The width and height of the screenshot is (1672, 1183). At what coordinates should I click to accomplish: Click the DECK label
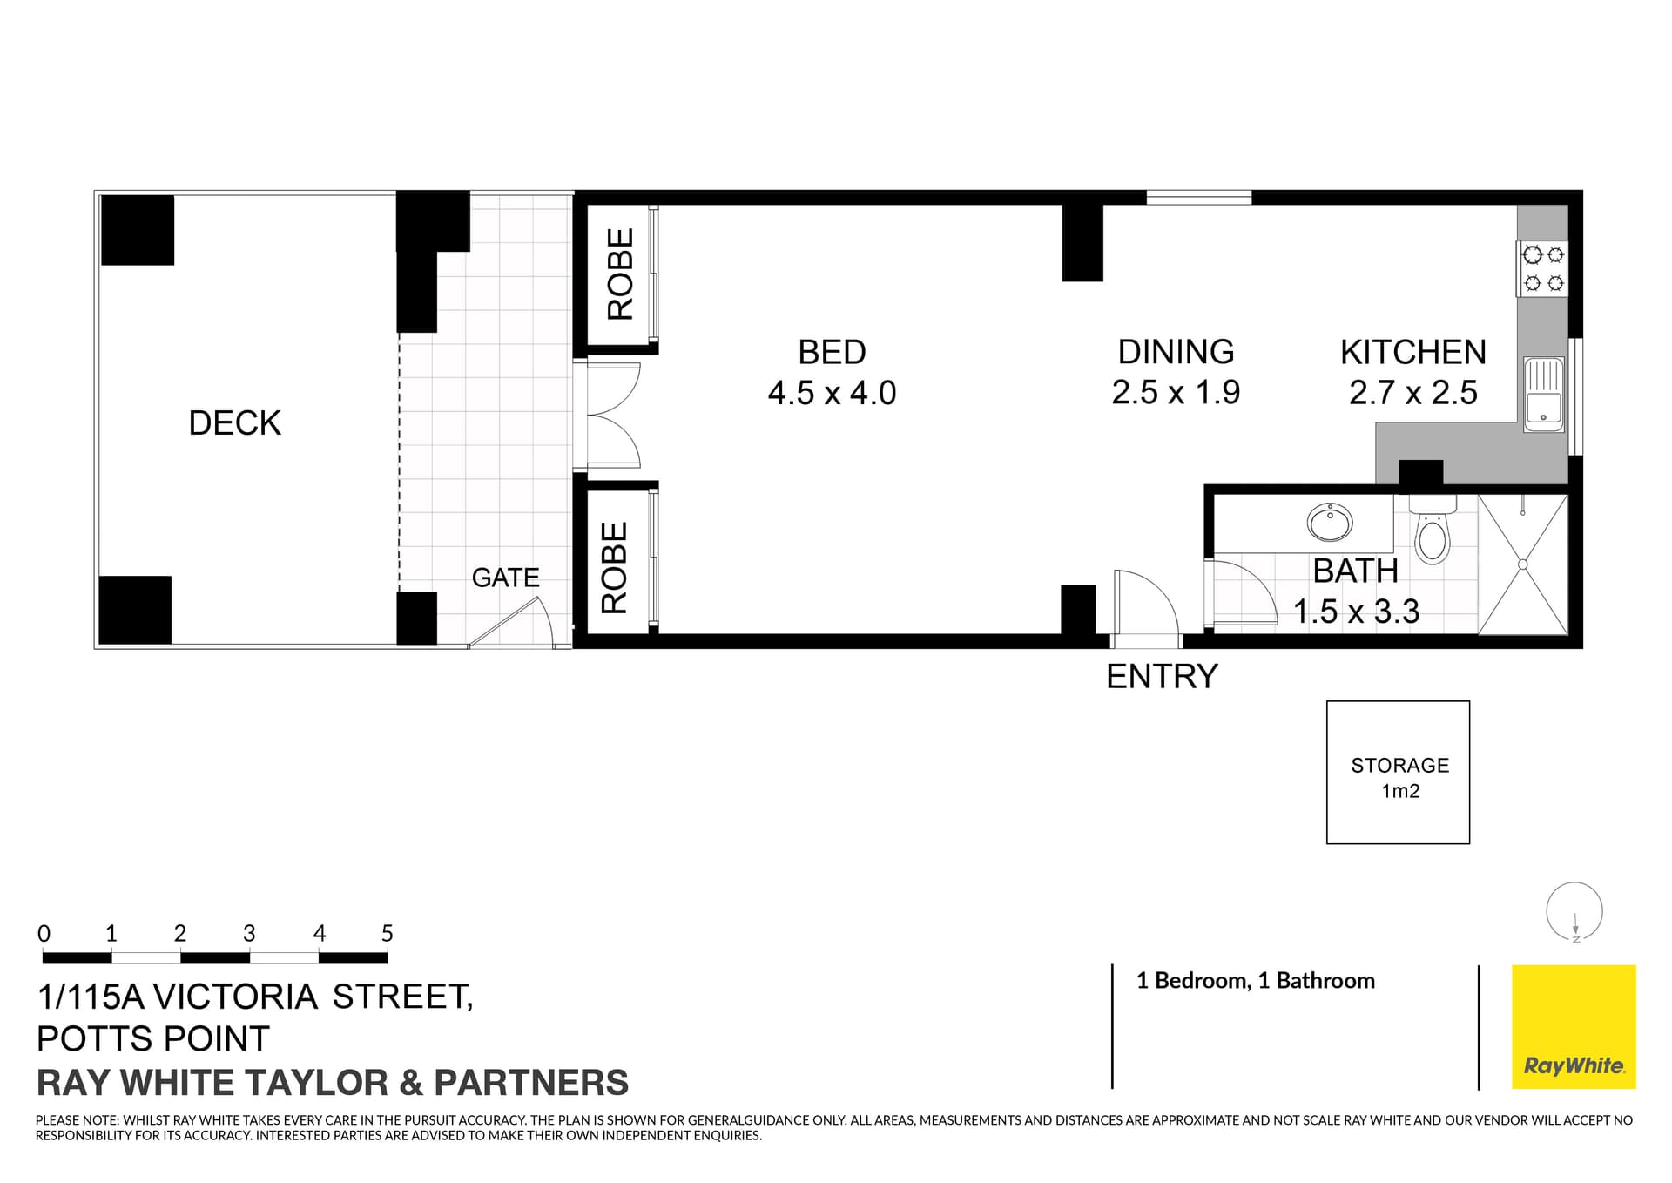tap(234, 423)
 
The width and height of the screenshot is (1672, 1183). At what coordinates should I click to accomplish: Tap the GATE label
tap(505, 578)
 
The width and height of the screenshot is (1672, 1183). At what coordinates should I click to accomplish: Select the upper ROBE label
tap(620, 274)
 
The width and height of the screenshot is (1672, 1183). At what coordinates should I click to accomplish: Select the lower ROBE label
tap(615, 567)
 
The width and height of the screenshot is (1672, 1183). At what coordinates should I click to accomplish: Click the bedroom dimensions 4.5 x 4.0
tap(832, 393)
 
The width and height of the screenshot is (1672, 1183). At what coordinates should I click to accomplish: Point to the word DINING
tap(1176, 352)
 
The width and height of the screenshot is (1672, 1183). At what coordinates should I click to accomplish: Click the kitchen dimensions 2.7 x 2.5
tap(1412, 393)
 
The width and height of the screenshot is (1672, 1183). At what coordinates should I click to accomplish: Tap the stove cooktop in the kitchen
tap(1543, 269)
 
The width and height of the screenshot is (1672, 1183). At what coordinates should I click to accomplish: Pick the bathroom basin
tap(1329, 523)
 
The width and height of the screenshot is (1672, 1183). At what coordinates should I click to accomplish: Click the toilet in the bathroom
tap(1432, 534)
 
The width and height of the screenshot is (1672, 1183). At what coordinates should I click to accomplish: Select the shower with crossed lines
tap(1523, 564)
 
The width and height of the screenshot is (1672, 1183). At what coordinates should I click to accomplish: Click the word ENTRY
tap(1162, 677)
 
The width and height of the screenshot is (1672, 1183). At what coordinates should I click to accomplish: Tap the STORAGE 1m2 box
tap(1398, 773)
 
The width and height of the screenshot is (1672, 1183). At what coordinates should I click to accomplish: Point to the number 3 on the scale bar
tap(249, 934)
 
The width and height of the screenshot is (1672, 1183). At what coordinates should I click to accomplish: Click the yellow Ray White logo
tap(1574, 1026)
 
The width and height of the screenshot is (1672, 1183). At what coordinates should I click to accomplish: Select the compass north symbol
tap(1574, 913)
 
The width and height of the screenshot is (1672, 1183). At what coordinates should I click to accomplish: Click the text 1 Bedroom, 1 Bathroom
tap(1255, 981)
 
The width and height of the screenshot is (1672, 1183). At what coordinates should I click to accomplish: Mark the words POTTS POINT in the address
tap(153, 1039)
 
